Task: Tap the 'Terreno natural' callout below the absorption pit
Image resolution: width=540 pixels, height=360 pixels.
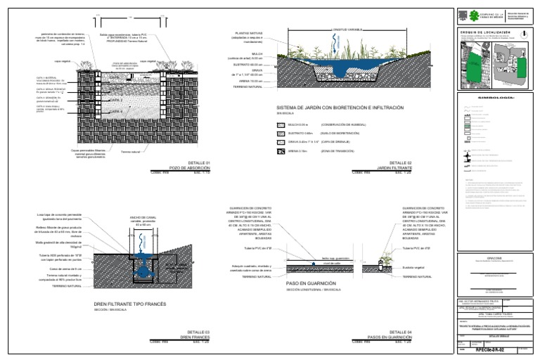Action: (131, 151)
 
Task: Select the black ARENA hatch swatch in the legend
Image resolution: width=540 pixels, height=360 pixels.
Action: (281, 151)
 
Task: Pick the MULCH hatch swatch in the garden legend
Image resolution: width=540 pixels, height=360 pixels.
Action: (281, 124)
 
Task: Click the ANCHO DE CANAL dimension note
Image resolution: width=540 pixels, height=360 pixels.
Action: (142, 221)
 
